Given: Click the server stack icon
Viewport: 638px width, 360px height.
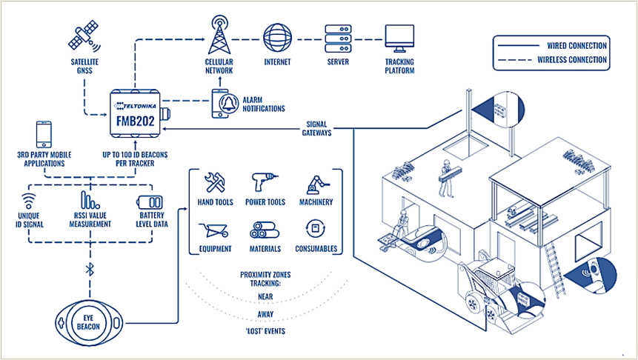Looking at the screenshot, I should coord(338,38).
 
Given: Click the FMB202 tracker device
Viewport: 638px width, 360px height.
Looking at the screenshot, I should coord(136,114).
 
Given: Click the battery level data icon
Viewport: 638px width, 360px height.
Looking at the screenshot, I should coord(153,203).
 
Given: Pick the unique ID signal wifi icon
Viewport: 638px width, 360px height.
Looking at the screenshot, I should coord(28,201).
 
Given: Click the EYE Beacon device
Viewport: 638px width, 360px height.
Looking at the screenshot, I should coord(88,323).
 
